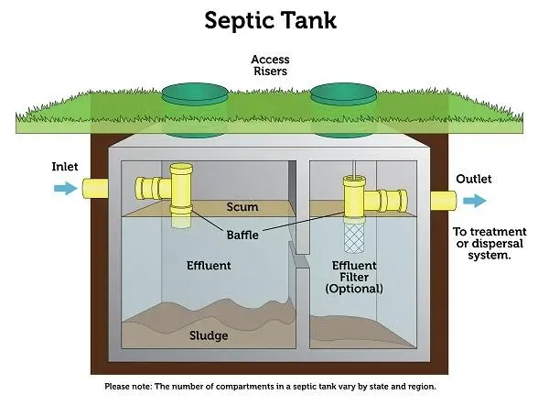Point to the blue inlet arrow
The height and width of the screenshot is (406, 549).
(x=66, y=189)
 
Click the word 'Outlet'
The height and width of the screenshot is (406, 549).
(x=474, y=180)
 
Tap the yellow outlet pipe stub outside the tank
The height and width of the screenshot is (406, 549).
(x=444, y=201)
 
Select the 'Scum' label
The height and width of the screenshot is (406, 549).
(x=242, y=207)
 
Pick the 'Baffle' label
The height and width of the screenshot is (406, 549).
(x=242, y=235)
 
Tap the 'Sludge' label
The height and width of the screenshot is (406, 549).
(x=209, y=335)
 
